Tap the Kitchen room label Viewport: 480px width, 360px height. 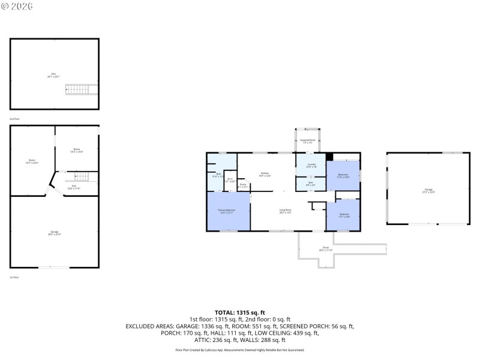click(x=265, y=175)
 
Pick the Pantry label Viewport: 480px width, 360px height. click(x=242, y=185)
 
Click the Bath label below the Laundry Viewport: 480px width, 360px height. click(x=311, y=184)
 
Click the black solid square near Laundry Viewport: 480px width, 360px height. click(x=329, y=157)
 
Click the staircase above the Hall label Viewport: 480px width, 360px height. click(x=81, y=178)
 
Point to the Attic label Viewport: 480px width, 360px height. click(x=54, y=75)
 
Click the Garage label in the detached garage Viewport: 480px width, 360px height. click(x=428, y=191)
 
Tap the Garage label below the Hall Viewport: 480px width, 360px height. click(x=55, y=233)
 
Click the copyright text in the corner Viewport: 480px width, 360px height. click(x=18, y=6)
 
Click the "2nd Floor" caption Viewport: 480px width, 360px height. click(x=14, y=119)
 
